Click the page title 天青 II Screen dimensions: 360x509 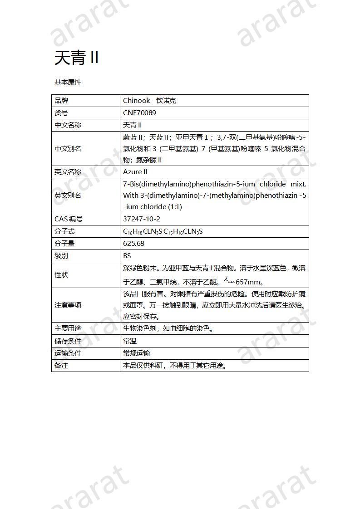tap(76, 58)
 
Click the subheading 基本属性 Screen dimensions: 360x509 tap(68, 83)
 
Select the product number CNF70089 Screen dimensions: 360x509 tap(139, 113)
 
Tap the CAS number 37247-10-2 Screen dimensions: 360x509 tap(142, 219)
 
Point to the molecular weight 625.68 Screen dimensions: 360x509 tap(133, 243)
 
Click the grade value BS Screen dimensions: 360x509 tap(127, 255)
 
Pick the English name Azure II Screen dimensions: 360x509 tap(135, 171)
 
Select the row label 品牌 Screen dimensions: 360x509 tap(61, 100)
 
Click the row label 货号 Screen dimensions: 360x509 tap(61, 113)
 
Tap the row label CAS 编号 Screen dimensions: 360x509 tap(69, 219)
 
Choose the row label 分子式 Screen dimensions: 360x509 tap(64, 231)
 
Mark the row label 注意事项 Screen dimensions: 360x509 tap(68, 305)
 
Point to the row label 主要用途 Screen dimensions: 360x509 tap(68, 328)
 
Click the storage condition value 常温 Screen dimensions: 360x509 tap(130, 341)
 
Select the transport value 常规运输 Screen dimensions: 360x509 tap(136, 353)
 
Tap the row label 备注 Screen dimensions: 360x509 tap(61, 365)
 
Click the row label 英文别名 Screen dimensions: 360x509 tap(68, 195)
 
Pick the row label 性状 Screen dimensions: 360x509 tap(61, 274)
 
